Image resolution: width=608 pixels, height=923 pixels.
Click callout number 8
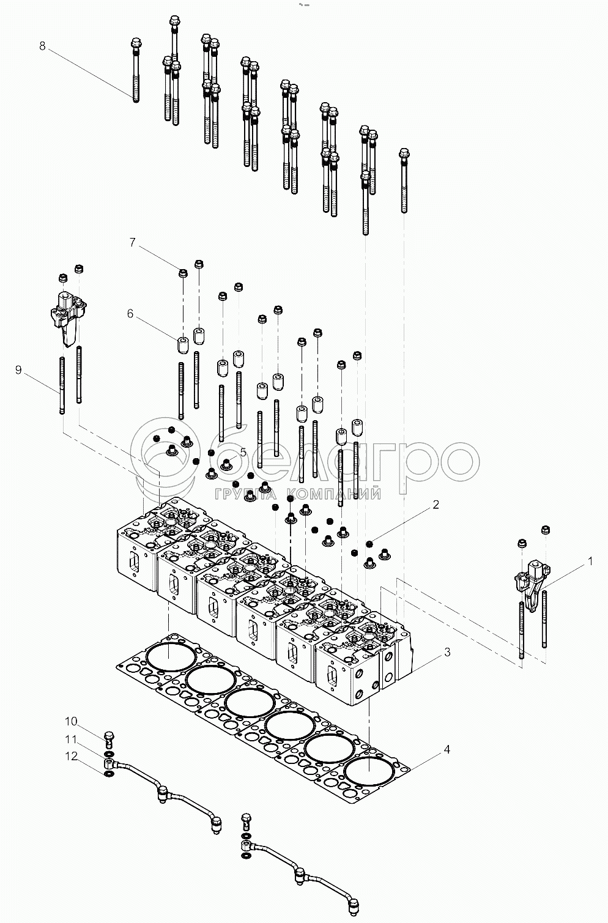42,46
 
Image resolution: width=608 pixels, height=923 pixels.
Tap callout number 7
132,242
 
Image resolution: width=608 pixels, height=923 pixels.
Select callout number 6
130,314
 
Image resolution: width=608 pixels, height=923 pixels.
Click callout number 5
243,452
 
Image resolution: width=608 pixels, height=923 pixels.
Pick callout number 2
436,505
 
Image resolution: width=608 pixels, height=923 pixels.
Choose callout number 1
590,560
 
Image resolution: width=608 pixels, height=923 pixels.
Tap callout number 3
447,653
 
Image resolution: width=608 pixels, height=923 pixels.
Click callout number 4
447,749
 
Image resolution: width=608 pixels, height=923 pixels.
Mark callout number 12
72,757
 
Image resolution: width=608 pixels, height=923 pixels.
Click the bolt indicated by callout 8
136,67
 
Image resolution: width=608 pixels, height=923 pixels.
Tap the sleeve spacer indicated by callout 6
182,344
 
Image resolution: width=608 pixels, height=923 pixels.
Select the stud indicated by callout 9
62,385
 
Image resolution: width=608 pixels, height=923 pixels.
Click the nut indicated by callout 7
182,272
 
